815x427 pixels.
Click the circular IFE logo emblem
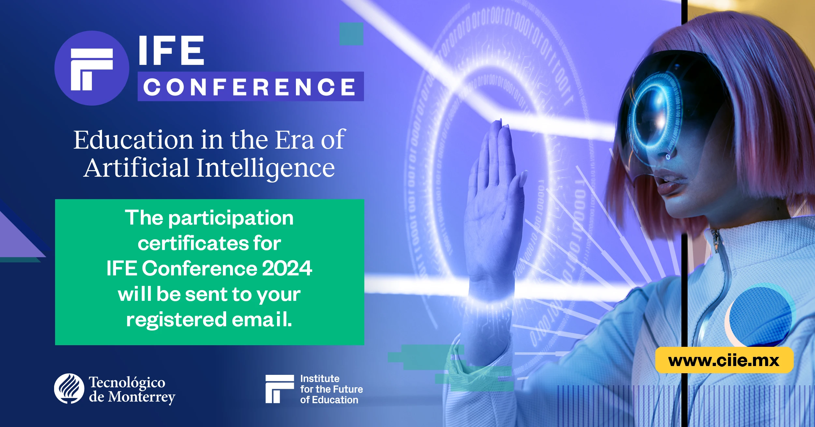pos(92,68)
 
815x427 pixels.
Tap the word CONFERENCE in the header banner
pos(250,87)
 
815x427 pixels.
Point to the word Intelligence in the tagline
pos(265,169)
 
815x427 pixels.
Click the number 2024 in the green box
pos(287,268)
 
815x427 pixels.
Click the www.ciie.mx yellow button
pos(724,360)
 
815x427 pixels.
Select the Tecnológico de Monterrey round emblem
pos(69,389)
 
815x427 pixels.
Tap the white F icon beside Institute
pos(280,389)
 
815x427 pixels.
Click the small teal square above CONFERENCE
pos(351,34)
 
